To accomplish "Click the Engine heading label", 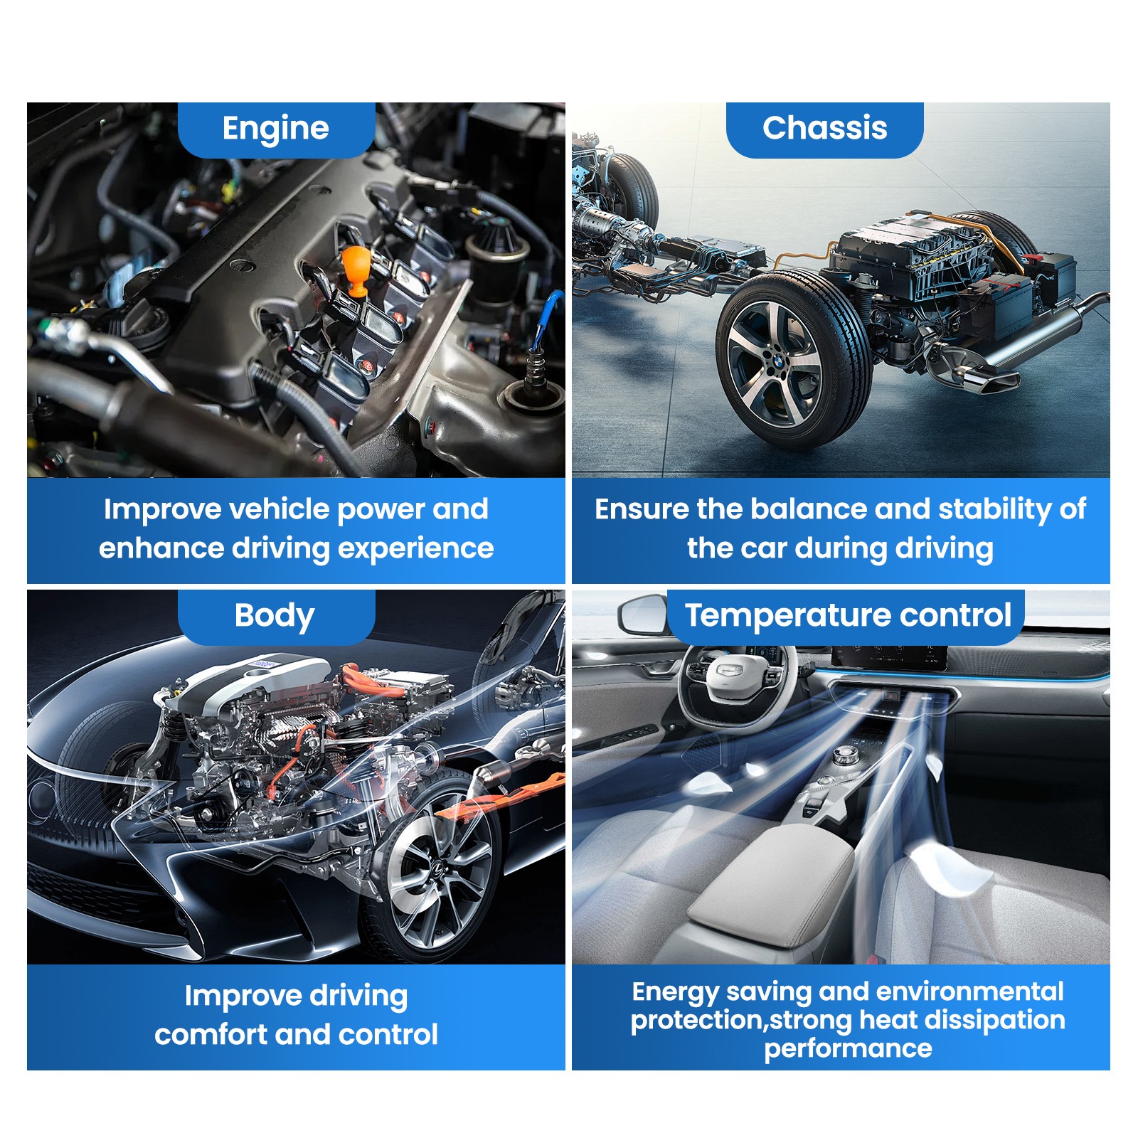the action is [275, 129].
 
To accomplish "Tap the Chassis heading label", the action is [825, 128].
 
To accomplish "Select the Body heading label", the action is [275, 616].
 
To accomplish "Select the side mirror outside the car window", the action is [644, 613].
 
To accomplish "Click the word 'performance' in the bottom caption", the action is [848, 1049].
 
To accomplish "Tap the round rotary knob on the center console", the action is [844, 754].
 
